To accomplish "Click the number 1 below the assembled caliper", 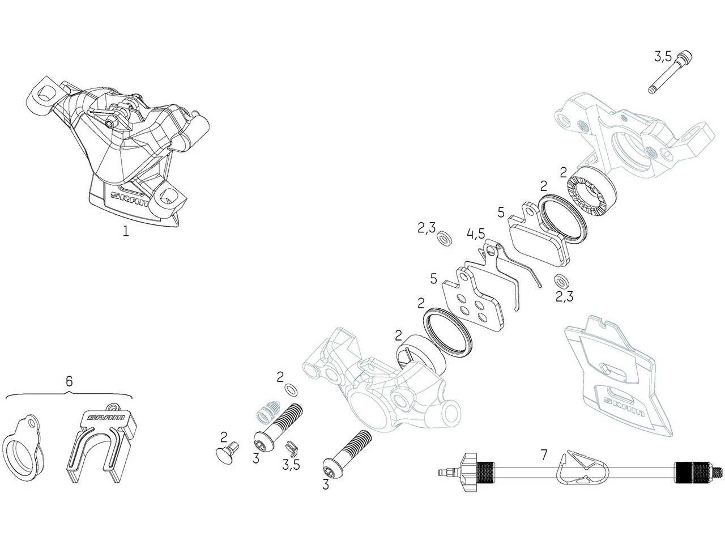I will [x=126, y=231].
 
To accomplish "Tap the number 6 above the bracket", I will [x=69, y=381].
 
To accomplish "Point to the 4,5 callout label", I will [x=476, y=233].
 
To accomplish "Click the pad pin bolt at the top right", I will [x=671, y=73].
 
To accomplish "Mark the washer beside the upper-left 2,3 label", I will [x=444, y=236].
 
